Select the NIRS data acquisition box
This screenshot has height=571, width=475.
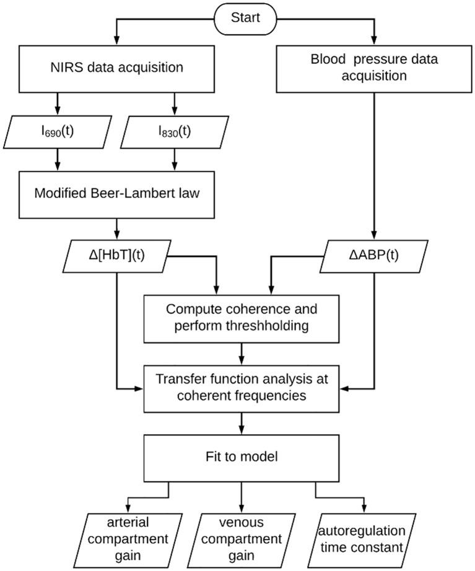pos(116,69)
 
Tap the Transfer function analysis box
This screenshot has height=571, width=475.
pos(242,388)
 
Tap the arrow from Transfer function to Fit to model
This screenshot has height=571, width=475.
pos(242,424)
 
